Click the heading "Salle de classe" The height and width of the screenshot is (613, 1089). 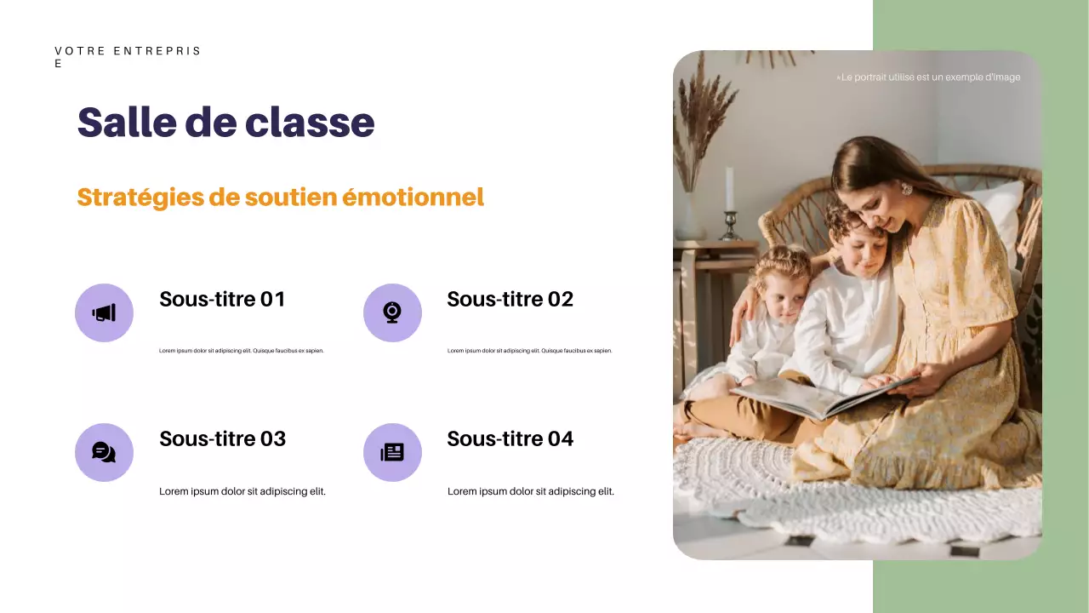click(x=225, y=123)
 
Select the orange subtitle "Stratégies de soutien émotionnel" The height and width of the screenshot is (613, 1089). click(x=280, y=198)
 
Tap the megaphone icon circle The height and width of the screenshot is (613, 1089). click(x=104, y=312)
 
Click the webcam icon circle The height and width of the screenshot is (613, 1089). click(x=392, y=312)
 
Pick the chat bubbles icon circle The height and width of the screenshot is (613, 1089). click(x=104, y=452)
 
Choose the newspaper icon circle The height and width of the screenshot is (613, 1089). click(x=392, y=452)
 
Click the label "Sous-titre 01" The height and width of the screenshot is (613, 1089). click(x=222, y=300)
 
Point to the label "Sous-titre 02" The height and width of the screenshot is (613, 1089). click(x=510, y=300)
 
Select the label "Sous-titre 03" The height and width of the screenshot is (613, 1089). click(x=222, y=439)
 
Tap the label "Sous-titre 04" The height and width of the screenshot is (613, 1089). click(x=510, y=439)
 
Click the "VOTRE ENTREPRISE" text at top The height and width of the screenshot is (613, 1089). click(x=128, y=52)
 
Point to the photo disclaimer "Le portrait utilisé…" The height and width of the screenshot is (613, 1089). click(x=929, y=77)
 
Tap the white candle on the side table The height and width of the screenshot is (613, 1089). click(x=729, y=189)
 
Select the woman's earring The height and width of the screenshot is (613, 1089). click(x=906, y=189)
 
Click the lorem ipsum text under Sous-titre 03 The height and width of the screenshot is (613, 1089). click(x=242, y=491)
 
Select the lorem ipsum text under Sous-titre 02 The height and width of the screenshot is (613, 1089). click(x=529, y=351)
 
